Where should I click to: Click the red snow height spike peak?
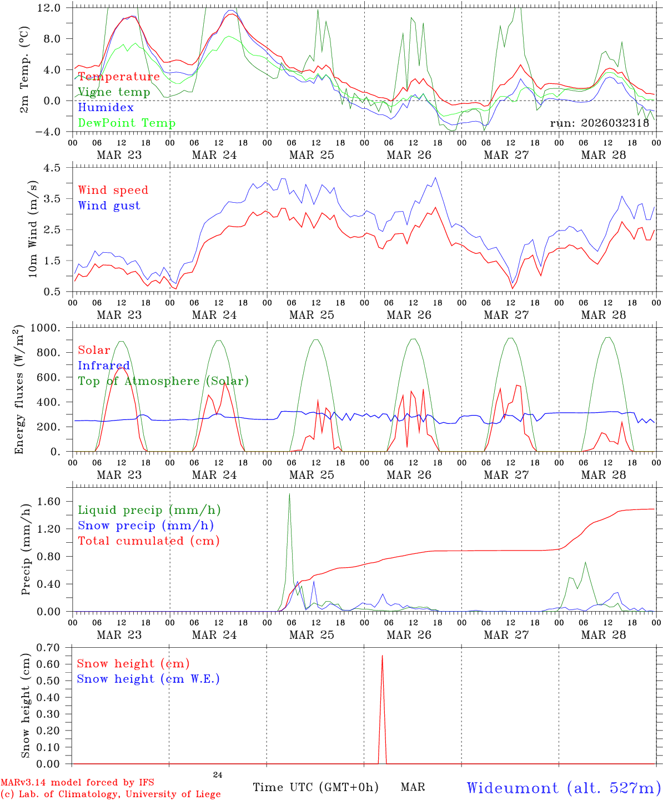[382, 656]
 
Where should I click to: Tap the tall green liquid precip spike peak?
[289, 494]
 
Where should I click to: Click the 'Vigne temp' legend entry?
[114, 92]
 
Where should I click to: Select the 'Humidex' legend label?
[106, 107]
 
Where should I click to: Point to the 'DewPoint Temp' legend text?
[127, 123]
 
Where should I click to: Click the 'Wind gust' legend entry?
[109, 206]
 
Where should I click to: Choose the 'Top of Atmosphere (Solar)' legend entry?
[163, 381]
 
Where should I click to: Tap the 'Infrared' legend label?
[104, 366]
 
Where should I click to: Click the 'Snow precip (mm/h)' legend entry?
[145, 526]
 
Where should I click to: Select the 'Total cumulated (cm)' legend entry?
[148, 541]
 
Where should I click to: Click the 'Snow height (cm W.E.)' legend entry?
[148, 679]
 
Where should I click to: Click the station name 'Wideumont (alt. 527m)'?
[564, 788]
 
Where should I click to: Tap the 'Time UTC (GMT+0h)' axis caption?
[316, 787]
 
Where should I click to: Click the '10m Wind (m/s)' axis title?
[33, 229]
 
